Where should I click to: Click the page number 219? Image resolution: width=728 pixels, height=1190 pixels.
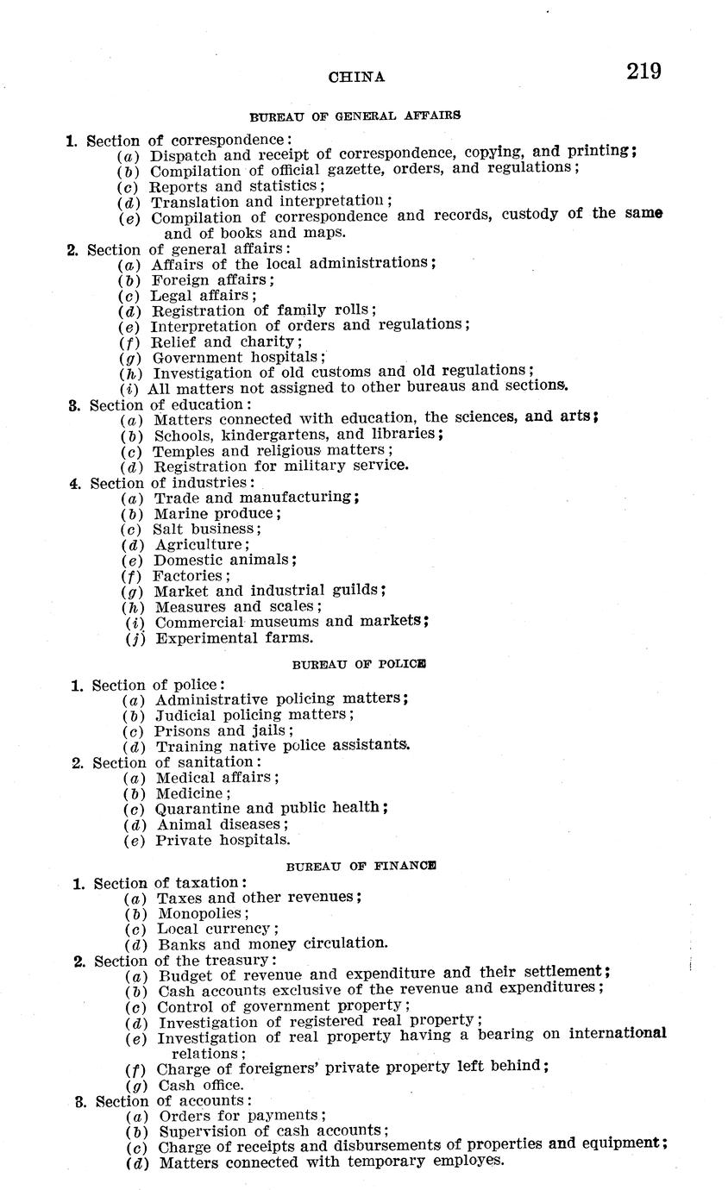pyautogui.click(x=644, y=71)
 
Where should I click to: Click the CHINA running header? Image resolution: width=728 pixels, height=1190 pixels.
pyautogui.click(x=356, y=77)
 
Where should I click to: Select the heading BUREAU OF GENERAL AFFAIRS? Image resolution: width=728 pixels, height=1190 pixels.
pyautogui.click(x=355, y=115)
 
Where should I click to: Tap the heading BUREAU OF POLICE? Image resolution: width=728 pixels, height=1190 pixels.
pyautogui.click(x=359, y=665)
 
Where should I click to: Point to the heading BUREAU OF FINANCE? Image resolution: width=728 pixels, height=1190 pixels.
pyautogui.click(x=361, y=865)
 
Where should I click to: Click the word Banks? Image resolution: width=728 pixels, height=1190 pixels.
pyautogui.click(x=178, y=943)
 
